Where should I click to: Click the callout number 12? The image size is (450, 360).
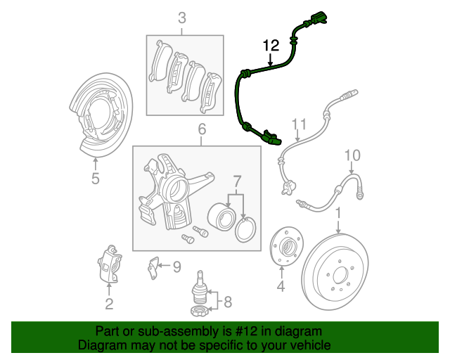point(271,46)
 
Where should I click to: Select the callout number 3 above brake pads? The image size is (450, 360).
point(182,18)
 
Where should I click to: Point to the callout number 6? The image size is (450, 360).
point(201,129)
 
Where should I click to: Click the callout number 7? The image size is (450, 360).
point(237,181)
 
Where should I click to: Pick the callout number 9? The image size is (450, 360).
point(176,266)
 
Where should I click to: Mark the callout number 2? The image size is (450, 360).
point(109,304)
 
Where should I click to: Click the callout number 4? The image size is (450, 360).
point(281,286)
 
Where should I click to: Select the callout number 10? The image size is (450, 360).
point(352,155)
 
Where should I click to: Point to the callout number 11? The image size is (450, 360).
point(300,126)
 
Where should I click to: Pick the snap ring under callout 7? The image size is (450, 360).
point(245,229)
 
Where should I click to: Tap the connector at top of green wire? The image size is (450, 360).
point(321,18)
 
